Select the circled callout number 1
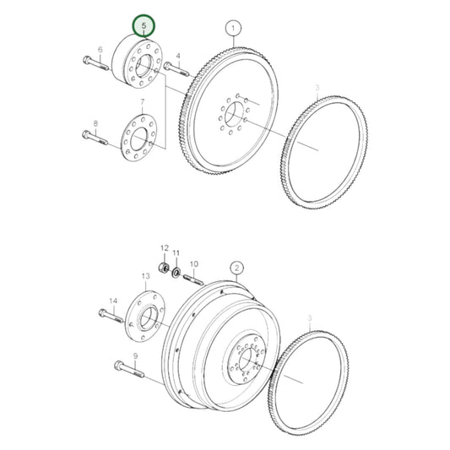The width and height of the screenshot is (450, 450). click(x=233, y=31)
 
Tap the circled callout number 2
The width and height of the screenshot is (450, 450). click(x=237, y=269)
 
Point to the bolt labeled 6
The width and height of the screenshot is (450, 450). click(x=94, y=62)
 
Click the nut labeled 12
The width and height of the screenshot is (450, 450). click(x=166, y=269)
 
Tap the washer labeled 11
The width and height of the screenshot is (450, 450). click(x=176, y=272)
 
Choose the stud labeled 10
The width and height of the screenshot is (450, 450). click(x=192, y=279)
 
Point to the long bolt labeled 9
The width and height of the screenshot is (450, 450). click(x=126, y=368)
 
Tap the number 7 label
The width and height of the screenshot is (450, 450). click(x=143, y=102)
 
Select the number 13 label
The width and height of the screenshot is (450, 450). click(x=145, y=275)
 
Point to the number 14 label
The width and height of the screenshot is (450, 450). click(x=112, y=299)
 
